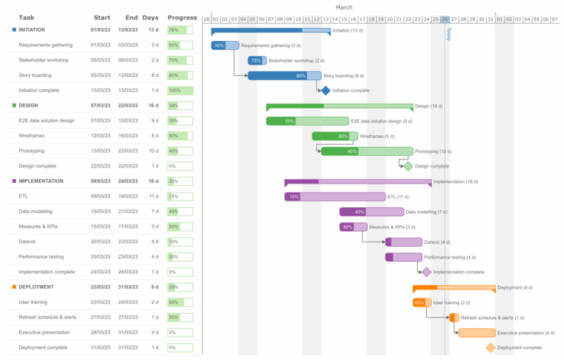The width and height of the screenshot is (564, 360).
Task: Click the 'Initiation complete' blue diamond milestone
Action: (325, 90)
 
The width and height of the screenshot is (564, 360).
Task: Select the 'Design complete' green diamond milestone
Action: (408, 166)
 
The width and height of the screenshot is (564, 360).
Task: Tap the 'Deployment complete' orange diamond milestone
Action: (491, 348)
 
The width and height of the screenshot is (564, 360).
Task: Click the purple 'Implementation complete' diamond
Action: (427, 272)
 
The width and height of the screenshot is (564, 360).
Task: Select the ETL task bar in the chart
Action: (335, 196)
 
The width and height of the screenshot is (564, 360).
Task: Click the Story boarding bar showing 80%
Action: (284, 76)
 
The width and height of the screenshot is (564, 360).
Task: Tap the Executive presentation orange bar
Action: (477, 333)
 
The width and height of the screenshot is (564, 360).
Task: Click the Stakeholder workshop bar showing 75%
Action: (257, 60)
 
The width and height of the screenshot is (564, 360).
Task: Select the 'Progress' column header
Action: (182, 18)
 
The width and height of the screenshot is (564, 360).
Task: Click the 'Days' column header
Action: (150, 18)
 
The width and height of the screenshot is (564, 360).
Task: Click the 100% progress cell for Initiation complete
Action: (179, 90)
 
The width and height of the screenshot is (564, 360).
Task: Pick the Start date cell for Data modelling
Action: (101, 212)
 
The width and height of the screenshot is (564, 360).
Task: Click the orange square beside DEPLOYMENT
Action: (14, 287)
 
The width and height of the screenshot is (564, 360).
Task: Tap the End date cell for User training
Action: (128, 302)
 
